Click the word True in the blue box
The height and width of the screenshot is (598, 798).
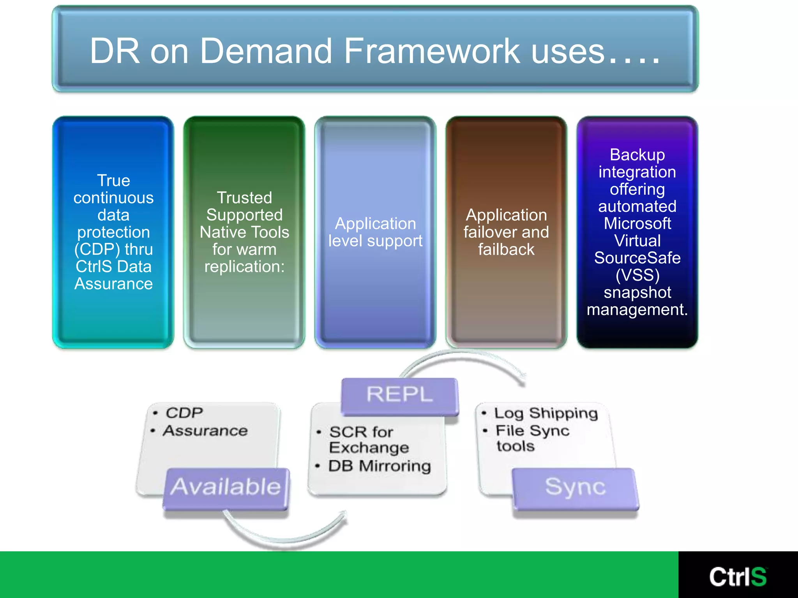(x=113, y=181)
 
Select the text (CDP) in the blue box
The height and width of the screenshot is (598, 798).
(x=97, y=249)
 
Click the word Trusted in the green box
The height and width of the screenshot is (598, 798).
(x=244, y=198)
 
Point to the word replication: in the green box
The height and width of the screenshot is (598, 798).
(x=244, y=267)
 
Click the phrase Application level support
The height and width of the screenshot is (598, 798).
(x=375, y=232)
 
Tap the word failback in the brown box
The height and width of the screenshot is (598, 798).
(x=506, y=250)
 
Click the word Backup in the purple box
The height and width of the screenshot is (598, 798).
(x=637, y=155)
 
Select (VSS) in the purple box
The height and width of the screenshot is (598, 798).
(x=637, y=275)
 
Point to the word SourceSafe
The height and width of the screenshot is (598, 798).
(x=637, y=258)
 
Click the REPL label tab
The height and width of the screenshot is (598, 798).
(x=399, y=394)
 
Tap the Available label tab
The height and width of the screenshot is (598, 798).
(x=226, y=487)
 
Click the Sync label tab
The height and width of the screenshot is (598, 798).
(x=575, y=487)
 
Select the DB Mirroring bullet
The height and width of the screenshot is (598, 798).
(x=379, y=466)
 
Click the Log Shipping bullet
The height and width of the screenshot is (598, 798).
(x=546, y=413)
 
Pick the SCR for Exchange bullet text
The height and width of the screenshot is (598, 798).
(x=368, y=440)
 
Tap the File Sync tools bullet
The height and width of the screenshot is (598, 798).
(x=532, y=438)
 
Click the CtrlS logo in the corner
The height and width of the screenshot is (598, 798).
(x=738, y=577)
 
